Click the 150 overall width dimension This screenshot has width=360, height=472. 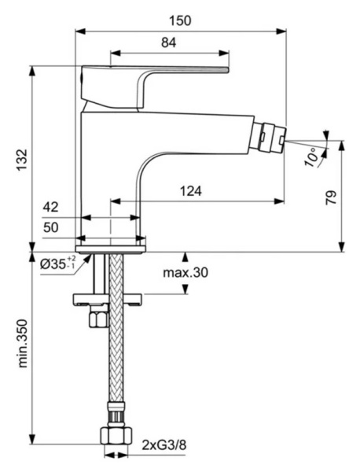coord(180,19)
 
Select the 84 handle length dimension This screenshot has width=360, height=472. coord(169,43)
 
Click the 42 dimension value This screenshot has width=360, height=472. coord(51,207)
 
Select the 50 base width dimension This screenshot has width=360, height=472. coord(51,227)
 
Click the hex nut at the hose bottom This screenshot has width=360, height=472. coord(115,438)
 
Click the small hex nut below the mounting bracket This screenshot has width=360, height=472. coord(98,317)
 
